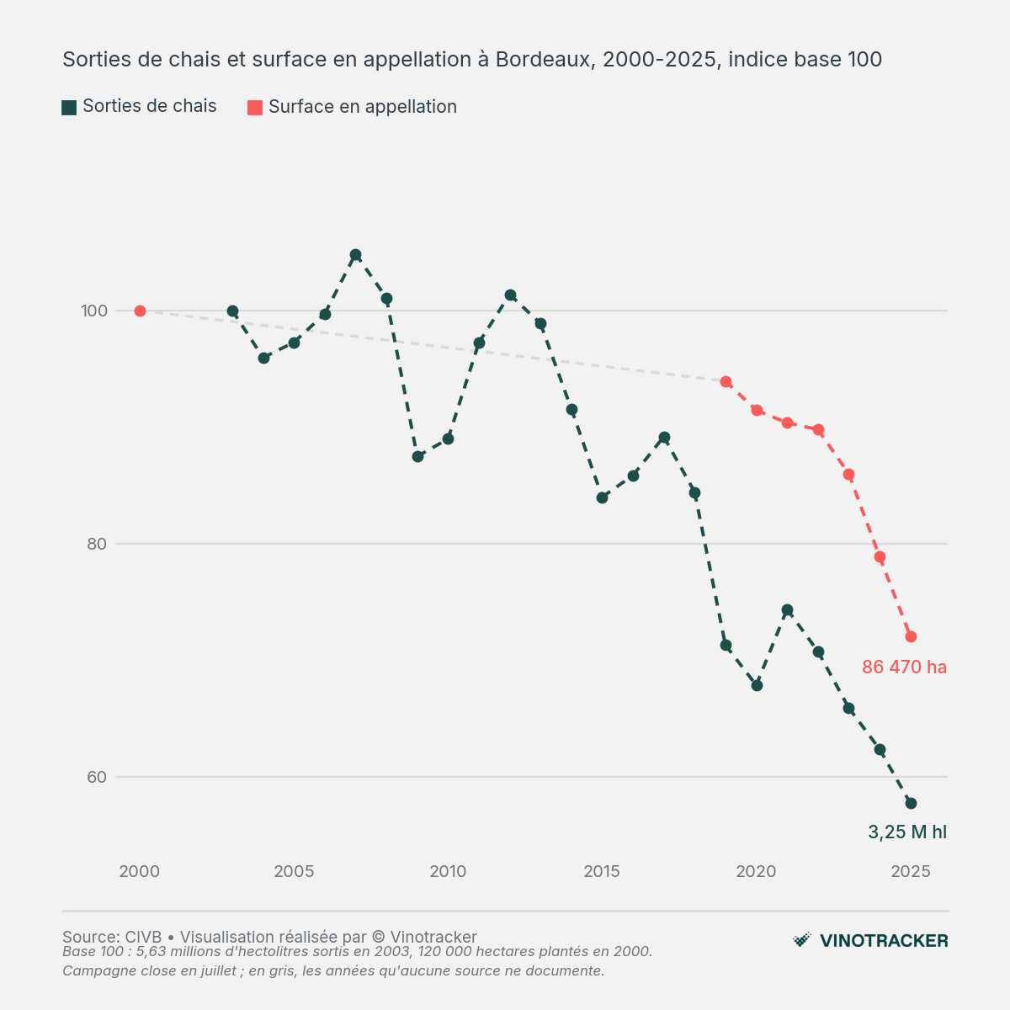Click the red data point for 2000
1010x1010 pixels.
point(140,311)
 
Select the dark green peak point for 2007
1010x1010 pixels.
point(355,255)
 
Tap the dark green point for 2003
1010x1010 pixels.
point(232,311)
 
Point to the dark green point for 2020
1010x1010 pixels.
point(757,686)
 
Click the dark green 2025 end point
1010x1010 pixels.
point(911,804)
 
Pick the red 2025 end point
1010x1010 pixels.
point(911,637)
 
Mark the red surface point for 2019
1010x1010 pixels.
point(726,381)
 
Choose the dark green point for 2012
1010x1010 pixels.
point(511,295)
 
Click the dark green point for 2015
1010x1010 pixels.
point(603,498)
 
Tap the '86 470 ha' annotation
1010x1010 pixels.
point(904,667)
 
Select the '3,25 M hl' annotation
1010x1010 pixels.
point(907,832)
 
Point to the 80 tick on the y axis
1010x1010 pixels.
point(97,544)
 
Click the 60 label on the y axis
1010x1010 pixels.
point(97,777)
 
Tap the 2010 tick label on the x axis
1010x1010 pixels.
point(448,871)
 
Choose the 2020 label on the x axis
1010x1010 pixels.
point(757,871)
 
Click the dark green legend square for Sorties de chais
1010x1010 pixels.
point(69,108)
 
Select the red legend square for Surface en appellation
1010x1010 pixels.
point(255,108)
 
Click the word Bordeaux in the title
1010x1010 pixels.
point(545,60)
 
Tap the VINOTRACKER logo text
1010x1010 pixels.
point(885,941)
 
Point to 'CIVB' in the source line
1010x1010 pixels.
point(143,937)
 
